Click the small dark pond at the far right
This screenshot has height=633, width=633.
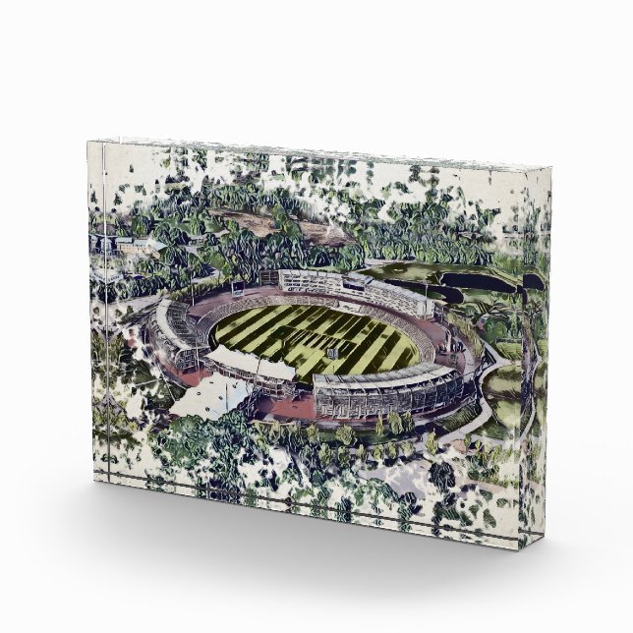click(532, 281)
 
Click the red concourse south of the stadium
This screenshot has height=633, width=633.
click(285, 403)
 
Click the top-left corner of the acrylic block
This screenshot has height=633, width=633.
click(87, 143)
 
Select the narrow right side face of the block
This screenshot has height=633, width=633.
click(531, 344)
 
